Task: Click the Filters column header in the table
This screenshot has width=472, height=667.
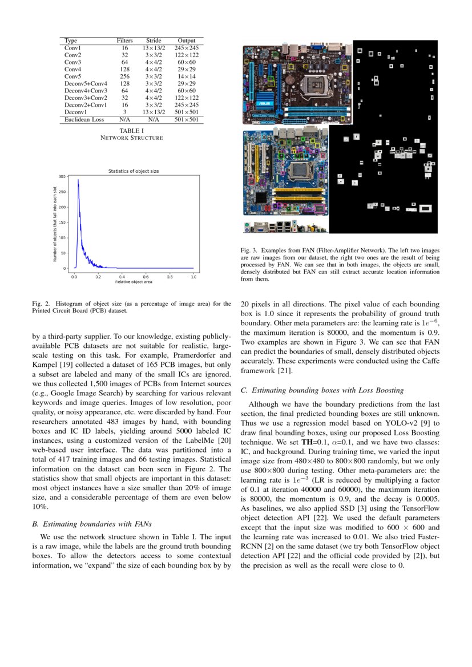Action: [124, 41]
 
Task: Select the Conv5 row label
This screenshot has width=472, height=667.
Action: [72, 76]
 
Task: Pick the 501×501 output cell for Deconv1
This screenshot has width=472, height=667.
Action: [186, 112]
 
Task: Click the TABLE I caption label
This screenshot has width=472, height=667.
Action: [131, 131]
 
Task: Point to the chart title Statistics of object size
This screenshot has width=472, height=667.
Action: [134, 171]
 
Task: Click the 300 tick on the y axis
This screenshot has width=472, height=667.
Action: [62, 177]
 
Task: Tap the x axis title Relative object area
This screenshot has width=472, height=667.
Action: [134, 282]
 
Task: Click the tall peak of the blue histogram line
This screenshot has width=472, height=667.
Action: [78, 180]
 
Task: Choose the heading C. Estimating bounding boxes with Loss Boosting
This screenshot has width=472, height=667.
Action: [322, 390]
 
